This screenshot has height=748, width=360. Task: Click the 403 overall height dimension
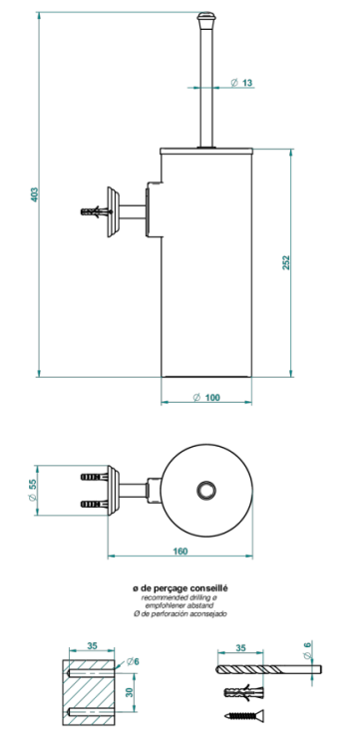(34, 194)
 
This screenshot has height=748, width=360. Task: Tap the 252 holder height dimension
(286, 262)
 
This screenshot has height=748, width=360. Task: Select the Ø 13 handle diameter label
(241, 83)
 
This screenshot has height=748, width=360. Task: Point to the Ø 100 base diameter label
(206, 397)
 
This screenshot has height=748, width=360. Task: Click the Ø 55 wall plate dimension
(33, 490)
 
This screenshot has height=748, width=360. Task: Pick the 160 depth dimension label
(180, 551)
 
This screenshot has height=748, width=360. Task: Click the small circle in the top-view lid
(207, 490)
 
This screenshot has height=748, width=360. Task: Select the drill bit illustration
(269, 669)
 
